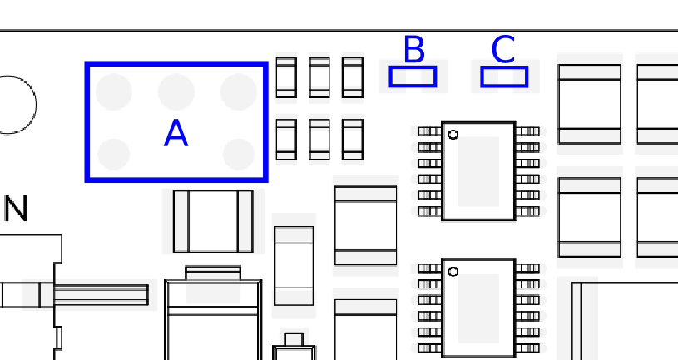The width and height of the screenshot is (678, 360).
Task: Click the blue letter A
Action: pyautogui.click(x=176, y=133)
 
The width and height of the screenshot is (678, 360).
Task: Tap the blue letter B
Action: pyautogui.click(x=413, y=49)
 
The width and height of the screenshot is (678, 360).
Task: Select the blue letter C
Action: pyautogui.click(x=503, y=49)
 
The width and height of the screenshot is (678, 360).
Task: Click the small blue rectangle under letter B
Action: pyautogui.click(x=413, y=76)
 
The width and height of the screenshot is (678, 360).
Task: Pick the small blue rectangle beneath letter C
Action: pyautogui.click(x=504, y=76)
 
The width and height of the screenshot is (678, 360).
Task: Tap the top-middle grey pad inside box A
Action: pyautogui.click(x=176, y=91)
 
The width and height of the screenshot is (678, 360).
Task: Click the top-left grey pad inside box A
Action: pyautogui.click(x=114, y=91)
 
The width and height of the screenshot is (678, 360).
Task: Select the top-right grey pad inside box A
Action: pyautogui.click(x=238, y=91)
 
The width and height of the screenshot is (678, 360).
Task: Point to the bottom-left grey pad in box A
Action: pyautogui.click(x=114, y=155)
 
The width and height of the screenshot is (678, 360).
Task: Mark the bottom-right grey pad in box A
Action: pyautogui.click(x=238, y=155)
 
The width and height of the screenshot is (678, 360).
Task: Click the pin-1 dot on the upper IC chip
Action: pyautogui.click(x=453, y=135)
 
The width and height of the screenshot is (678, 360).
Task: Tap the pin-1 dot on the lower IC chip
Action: pyautogui.click(x=453, y=272)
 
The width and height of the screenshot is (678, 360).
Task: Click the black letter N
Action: pyautogui.click(x=16, y=209)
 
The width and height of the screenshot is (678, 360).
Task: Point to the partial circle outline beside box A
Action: pyautogui.click(x=37, y=105)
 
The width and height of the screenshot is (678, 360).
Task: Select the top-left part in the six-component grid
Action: pyautogui.click(x=286, y=77)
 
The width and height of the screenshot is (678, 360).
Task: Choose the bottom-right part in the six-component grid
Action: pyautogui.click(x=353, y=139)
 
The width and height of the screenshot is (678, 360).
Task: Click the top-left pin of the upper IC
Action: pyautogui.click(x=429, y=131)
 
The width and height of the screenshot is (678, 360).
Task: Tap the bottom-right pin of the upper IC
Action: pyautogui.click(x=528, y=211)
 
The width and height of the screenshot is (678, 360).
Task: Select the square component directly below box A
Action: pyautogui.click(x=213, y=221)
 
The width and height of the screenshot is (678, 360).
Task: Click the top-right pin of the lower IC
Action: pyautogui.click(x=528, y=269)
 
